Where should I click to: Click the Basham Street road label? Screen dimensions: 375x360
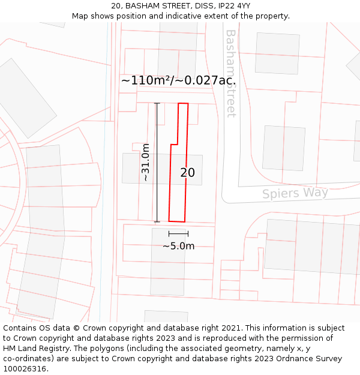point(230,73)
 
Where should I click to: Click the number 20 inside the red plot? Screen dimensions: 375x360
point(187,173)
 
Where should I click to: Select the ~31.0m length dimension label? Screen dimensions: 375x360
point(145,162)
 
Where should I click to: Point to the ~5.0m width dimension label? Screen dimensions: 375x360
point(178,246)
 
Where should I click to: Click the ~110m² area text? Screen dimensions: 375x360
point(144,80)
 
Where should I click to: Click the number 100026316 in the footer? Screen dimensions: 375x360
point(26,369)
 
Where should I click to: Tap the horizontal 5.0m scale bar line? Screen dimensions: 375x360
point(178,233)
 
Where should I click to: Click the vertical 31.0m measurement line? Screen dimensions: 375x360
point(157,162)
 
